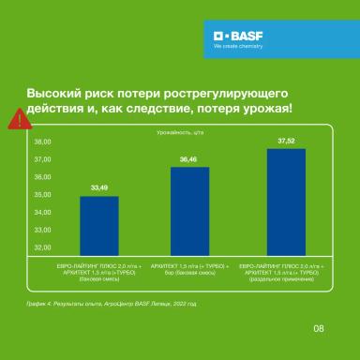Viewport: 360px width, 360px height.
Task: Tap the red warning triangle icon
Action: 17,117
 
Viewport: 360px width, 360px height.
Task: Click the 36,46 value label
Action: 189,160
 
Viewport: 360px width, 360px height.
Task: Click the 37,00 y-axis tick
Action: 43,160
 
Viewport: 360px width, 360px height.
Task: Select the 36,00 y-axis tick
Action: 43,178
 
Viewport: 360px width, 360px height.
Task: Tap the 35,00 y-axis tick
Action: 43,195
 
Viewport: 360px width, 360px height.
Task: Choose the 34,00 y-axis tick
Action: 43,213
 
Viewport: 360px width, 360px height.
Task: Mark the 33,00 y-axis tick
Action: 43,231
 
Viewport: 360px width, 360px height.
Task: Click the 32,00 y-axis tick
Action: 43,247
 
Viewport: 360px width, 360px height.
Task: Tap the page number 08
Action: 318,327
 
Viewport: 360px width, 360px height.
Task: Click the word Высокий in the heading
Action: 53,96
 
